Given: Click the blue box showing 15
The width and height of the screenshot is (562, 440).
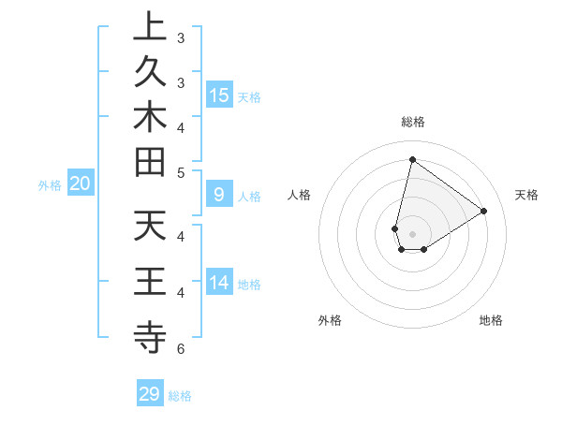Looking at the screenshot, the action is tap(219, 95).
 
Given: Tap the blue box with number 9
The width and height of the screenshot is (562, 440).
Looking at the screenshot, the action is tap(219, 195).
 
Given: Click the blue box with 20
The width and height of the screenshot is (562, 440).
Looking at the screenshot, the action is tap(81, 183).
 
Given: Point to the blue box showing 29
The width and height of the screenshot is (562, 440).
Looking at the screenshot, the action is tap(150, 394).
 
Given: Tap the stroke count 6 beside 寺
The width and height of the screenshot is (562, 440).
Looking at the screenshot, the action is tap(180, 349).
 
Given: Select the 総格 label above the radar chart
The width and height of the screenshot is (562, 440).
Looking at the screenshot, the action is tap(412, 122).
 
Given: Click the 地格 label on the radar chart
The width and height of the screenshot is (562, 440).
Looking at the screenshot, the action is tap(491, 320).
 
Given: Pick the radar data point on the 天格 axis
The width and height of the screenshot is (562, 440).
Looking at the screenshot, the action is tap(484, 212).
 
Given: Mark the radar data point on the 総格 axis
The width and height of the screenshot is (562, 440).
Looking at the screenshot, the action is tap(412, 159).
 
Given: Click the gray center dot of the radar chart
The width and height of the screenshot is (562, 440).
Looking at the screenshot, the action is tap(412, 234).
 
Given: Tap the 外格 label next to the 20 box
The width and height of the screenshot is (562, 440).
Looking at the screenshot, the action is tap(50, 185).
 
